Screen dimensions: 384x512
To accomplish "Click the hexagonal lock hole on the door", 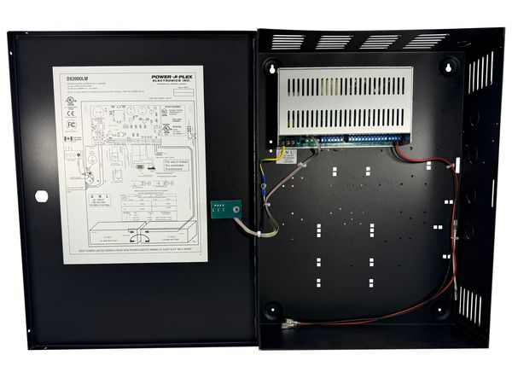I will (41, 195).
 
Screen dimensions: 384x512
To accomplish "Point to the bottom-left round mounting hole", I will (272, 310).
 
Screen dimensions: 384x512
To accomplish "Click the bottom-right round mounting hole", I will (448, 310).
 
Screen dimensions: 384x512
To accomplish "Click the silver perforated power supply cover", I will (344, 98).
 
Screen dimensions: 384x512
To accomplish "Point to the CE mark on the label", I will (71, 111).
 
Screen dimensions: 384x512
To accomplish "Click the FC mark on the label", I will (72, 125).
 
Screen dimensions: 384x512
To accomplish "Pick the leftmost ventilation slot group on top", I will (288, 41).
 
